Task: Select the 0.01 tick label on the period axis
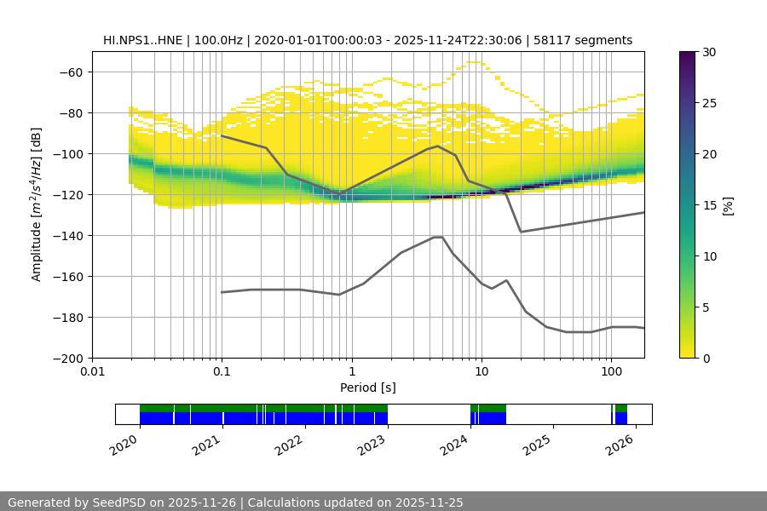(92, 371)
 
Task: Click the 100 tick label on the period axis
(610, 371)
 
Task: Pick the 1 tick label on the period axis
(351, 371)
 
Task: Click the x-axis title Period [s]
(368, 388)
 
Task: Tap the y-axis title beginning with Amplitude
(37, 204)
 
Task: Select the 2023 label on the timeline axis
(371, 444)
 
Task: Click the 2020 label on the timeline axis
(124, 444)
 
